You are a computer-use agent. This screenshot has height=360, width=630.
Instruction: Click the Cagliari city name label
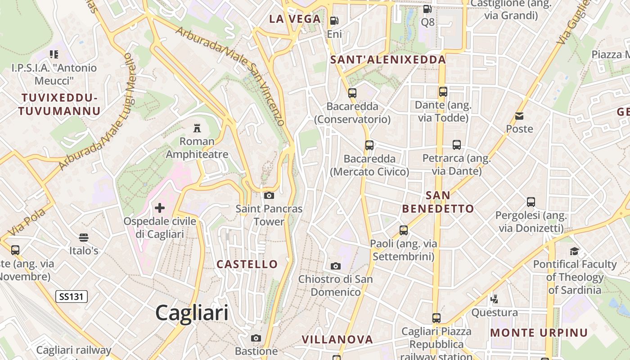coord(192,313)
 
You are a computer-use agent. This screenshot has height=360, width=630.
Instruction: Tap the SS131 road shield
coord(72,297)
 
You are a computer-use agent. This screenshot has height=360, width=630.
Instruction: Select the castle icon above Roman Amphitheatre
coord(197,128)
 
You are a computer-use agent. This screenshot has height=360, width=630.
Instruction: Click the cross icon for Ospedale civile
coord(160,208)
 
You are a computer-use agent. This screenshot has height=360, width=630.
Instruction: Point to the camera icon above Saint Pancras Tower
coord(269,195)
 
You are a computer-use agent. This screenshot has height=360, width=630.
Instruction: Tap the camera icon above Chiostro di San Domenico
coord(335,266)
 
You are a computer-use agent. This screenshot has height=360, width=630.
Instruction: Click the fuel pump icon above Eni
coord(334,21)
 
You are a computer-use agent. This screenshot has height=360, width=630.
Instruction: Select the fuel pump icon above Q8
coord(427,9)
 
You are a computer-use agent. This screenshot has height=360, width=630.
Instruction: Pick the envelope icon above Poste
coord(519,116)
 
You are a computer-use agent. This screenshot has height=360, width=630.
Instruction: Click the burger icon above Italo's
coord(84,237)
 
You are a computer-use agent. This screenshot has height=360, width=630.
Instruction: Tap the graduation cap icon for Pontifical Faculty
coord(574,251)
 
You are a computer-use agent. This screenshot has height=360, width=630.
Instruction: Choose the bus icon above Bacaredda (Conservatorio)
coord(352,93)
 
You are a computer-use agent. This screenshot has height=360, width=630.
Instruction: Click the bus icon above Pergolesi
coord(531,202)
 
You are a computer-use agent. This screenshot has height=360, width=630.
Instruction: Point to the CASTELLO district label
coord(247,264)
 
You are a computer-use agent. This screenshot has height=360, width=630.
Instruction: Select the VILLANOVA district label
coord(337,339)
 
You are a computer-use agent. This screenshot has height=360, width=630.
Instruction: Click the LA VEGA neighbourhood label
coord(295,19)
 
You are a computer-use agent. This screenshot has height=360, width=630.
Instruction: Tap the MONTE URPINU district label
coord(539,333)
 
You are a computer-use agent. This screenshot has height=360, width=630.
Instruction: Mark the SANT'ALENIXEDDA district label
coord(388,59)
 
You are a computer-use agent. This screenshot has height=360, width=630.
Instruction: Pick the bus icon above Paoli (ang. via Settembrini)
coord(403,230)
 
